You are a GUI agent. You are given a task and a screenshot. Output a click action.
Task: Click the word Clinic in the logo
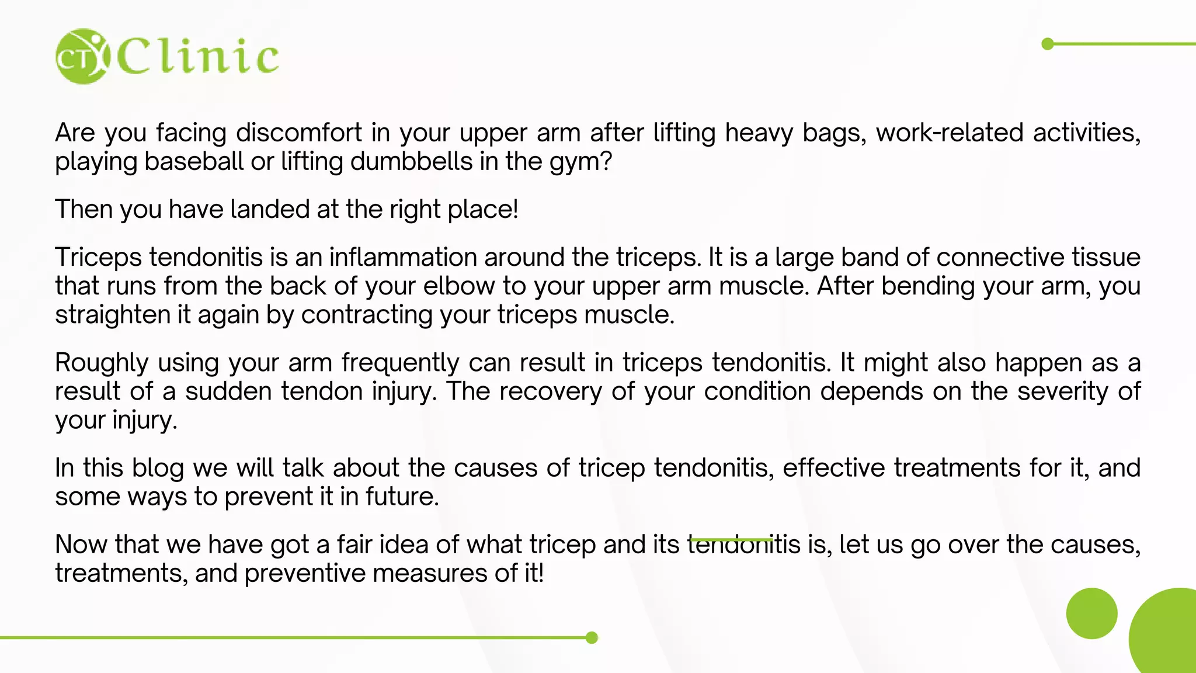point(199,57)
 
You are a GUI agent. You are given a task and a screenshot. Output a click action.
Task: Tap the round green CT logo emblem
point(82,57)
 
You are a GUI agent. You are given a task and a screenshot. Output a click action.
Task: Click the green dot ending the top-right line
point(1048,44)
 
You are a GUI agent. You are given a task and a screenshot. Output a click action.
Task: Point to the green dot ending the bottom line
point(592,637)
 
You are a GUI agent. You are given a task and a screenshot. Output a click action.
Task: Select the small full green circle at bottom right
point(1091,613)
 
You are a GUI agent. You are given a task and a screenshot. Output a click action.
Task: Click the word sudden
point(228,392)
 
